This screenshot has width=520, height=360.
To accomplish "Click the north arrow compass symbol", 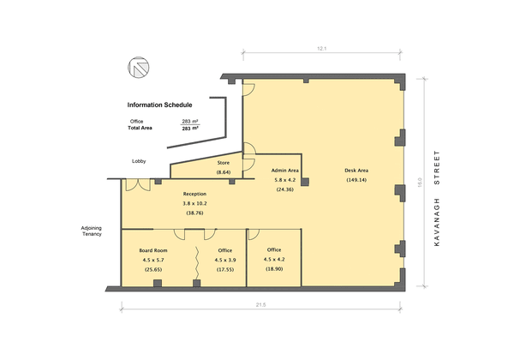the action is click(138, 68).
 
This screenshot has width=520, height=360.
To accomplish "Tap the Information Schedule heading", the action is click(159, 105).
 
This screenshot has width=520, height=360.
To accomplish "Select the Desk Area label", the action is click(356, 171).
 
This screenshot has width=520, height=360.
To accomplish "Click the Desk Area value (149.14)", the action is click(356, 180).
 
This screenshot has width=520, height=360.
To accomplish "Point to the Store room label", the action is click(224, 163).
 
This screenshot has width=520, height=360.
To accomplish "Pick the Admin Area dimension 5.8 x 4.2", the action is click(284, 180).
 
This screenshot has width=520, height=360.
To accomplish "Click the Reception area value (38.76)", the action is click(194, 213).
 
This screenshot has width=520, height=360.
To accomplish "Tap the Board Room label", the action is click(153, 250).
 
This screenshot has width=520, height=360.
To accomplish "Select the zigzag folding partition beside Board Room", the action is click(197, 263).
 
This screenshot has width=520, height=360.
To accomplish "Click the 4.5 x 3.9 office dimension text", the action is click(225, 260).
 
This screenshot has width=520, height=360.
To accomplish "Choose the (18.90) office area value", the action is click(274, 269).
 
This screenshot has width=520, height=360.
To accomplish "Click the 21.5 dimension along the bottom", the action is click(261, 305).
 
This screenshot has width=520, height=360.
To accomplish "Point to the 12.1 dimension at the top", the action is click(322, 49).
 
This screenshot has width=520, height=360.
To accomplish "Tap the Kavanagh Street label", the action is click(437, 198).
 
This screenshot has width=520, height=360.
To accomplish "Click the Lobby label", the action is click(139, 161).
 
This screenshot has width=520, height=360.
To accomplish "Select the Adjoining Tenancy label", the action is click(92, 231).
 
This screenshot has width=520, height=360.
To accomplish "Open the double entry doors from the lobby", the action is click(138, 185).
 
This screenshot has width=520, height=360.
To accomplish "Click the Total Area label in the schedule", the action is click(140, 128).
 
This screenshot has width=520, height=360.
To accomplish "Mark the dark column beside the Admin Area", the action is click(305, 182).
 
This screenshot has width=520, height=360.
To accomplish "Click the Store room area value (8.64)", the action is click(224, 172).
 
